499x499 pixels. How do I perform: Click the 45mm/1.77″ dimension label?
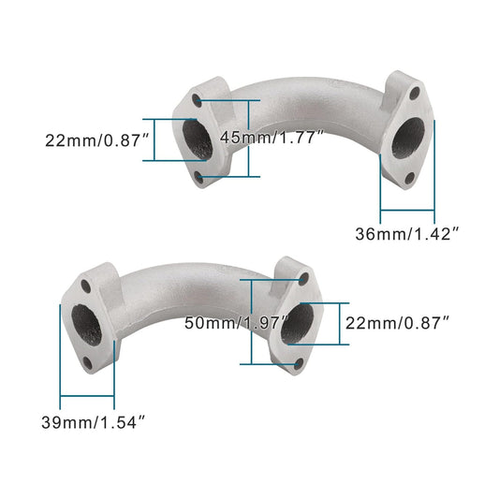coord(272,137)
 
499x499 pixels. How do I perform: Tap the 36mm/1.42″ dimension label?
coord(407,233)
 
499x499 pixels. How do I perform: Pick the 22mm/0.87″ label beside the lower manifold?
coord(399,323)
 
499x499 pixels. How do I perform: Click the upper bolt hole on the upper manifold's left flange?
coord(197,98)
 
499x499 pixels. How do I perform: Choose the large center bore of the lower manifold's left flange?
coord(87,323)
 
